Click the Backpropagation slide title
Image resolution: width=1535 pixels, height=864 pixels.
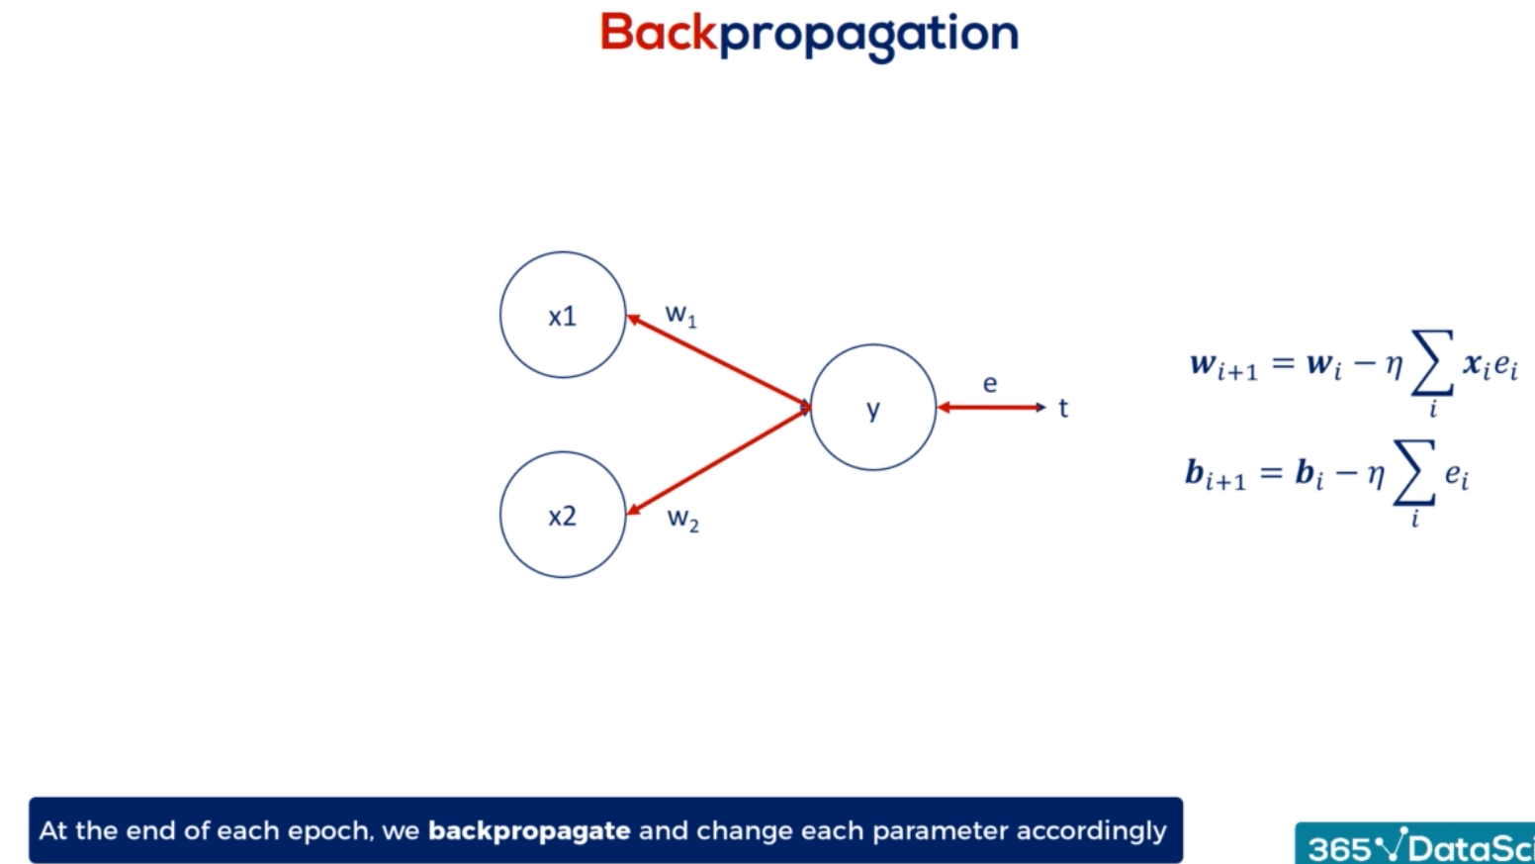809,35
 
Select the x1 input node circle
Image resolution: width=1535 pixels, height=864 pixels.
500,316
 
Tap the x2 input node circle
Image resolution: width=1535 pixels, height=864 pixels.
500,515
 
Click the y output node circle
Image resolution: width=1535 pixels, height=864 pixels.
811,408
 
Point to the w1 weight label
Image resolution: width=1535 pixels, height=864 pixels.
680,315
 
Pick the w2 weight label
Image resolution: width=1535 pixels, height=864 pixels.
682,519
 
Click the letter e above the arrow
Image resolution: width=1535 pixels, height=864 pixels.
989,384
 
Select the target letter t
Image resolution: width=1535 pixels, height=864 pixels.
1063,408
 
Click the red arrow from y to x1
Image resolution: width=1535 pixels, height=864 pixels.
719,361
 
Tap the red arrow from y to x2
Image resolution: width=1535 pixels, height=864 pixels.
719,460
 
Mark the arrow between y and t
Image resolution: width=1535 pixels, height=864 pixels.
992,408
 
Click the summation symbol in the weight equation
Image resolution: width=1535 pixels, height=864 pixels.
1432,363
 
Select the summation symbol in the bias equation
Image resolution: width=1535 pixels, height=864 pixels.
1415,472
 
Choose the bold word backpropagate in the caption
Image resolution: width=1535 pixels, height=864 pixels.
529,831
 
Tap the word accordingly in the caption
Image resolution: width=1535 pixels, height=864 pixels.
1091,831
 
